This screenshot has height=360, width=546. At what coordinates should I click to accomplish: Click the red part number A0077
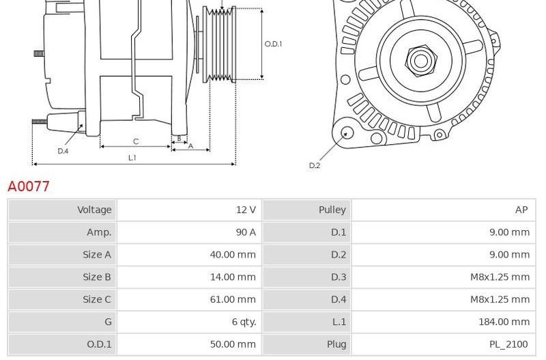[29, 186]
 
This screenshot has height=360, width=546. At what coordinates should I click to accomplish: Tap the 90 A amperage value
[246, 232]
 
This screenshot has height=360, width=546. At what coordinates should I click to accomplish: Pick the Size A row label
[97, 254]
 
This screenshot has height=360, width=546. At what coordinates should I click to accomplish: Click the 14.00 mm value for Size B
[233, 277]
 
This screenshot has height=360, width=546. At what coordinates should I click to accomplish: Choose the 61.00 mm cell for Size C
[233, 299]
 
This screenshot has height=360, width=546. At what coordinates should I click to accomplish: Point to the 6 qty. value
[244, 322]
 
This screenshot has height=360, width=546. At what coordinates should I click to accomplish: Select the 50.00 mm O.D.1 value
[233, 344]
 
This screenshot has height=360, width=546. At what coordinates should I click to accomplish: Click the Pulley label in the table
[332, 210]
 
